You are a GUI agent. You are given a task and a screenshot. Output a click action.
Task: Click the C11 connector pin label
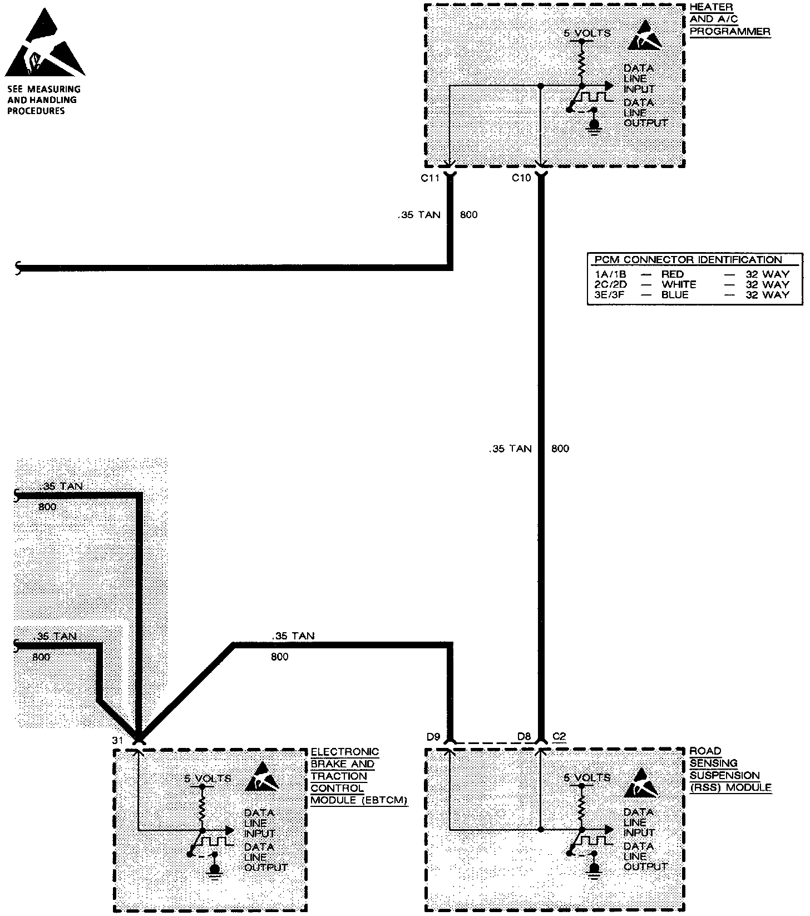(x=430, y=178)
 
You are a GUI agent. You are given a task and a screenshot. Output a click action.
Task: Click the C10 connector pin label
(x=521, y=178)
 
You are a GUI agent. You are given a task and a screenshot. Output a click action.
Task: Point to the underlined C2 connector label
(x=559, y=737)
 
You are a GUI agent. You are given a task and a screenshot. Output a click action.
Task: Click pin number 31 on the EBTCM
(x=117, y=740)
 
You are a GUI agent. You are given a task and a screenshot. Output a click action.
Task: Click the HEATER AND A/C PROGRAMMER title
(x=730, y=19)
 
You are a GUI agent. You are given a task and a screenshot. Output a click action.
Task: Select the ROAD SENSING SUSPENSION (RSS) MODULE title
(x=730, y=769)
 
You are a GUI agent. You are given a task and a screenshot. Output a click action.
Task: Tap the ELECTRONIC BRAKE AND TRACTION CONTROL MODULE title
(x=358, y=776)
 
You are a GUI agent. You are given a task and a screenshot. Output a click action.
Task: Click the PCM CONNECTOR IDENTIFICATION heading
(x=688, y=260)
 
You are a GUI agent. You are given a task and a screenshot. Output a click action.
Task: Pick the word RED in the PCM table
(x=672, y=274)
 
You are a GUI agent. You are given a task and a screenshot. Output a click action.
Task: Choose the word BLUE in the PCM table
(x=674, y=295)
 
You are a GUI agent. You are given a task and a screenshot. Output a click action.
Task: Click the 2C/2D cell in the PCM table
(x=610, y=284)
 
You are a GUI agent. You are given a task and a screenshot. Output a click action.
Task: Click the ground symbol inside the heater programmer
(x=595, y=126)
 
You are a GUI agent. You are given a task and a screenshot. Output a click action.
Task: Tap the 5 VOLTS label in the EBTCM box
(x=208, y=779)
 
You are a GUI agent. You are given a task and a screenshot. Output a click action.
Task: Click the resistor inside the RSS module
(x=582, y=804)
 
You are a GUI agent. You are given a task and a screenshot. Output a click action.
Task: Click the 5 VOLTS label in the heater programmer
(x=587, y=33)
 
